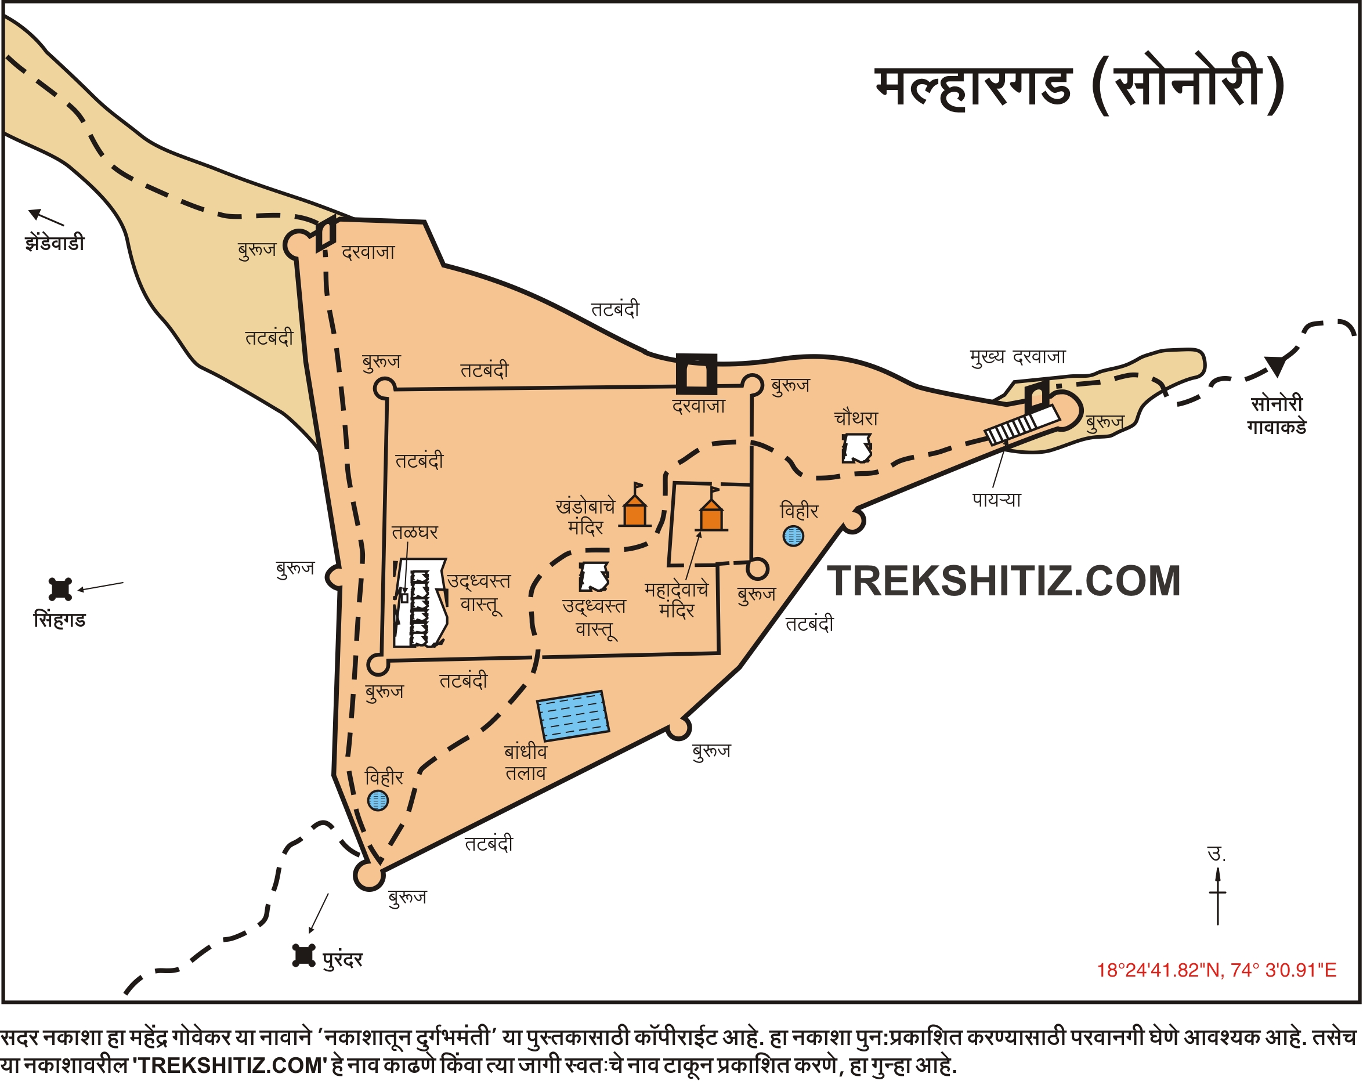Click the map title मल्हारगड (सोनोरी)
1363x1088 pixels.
click(x=1079, y=85)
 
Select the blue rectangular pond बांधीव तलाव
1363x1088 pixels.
click(x=573, y=715)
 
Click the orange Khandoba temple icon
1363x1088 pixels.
click(x=635, y=509)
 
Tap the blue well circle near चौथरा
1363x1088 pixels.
click(x=793, y=536)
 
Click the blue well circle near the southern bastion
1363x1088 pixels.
click(x=378, y=800)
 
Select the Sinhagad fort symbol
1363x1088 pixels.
click(x=61, y=589)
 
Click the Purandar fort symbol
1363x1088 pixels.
click(x=303, y=955)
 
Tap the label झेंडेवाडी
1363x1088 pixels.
click(x=55, y=243)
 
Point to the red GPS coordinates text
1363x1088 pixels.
click(x=1216, y=970)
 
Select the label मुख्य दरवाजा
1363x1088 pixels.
click(x=1018, y=357)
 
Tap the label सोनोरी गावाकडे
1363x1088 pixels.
click(x=1277, y=415)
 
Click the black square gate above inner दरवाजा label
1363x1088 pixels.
click(x=696, y=375)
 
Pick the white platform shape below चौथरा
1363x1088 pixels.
click(x=856, y=448)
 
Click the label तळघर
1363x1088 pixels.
click(x=415, y=532)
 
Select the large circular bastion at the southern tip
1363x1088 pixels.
click(x=368, y=875)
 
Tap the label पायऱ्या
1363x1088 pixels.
click(x=996, y=500)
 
